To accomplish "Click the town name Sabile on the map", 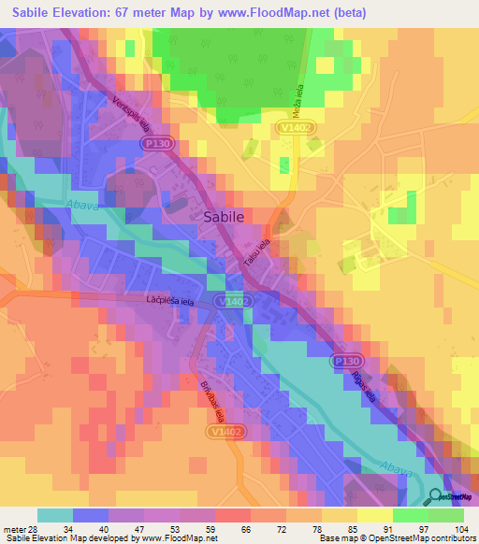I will pyautogui.click(x=224, y=216).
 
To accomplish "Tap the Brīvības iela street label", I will pyautogui.click(x=211, y=399).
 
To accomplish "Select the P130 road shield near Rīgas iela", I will pyautogui.click(x=344, y=360).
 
